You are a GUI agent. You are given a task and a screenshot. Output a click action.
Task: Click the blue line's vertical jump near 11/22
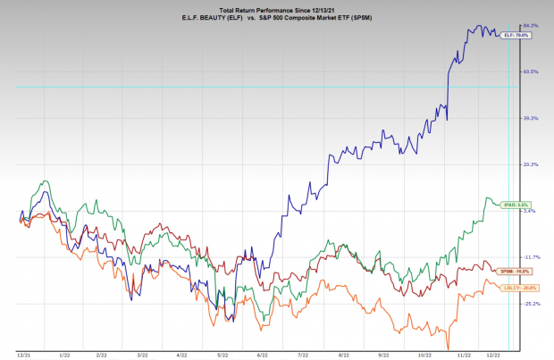pyautogui.click(x=448, y=89)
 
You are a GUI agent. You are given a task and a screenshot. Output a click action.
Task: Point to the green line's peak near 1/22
pyautogui.click(x=41, y=182)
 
